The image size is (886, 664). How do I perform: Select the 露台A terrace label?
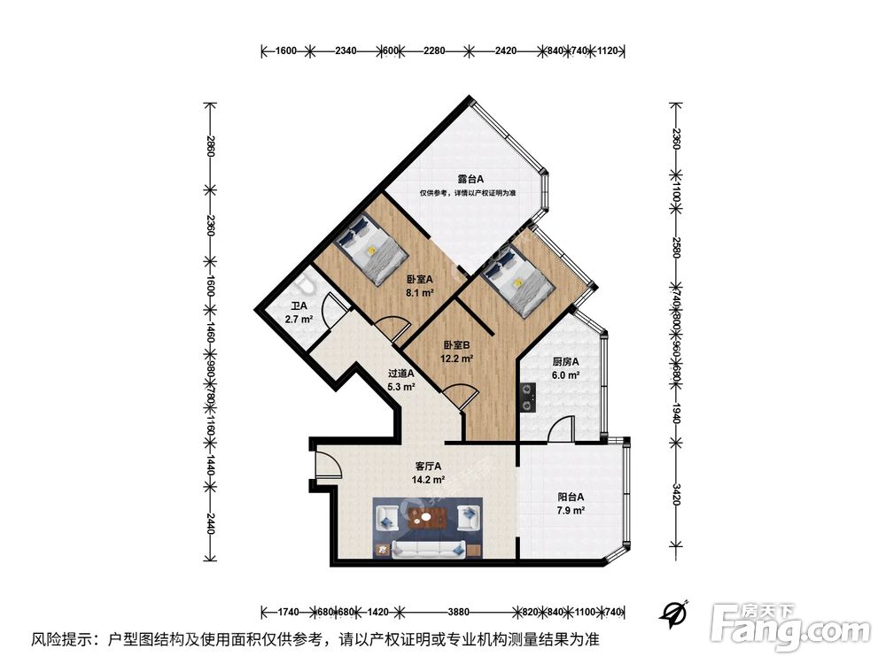(x=470, y=179)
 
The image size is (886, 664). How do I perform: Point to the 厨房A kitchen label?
(x=565, y=362)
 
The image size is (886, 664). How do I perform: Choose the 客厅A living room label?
(x=428, y=467)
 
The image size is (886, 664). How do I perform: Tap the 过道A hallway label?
(x=400, y=374)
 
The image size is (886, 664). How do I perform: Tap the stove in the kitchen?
(x=528, y=396)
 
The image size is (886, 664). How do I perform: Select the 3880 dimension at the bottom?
(x=458, y=612)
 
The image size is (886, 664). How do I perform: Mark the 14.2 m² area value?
(x=428, y=480)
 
